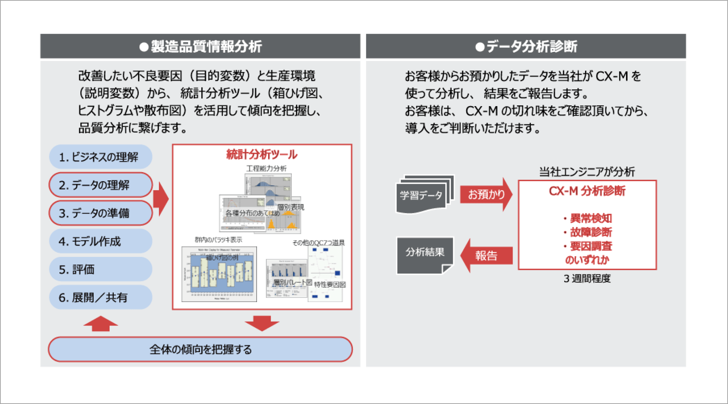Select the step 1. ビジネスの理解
point(100,157)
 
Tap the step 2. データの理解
point(100,185)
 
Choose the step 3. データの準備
point(100,213)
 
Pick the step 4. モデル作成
point(100,241)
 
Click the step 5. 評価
point(100,269)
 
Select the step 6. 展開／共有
point(100,298)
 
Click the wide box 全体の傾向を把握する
point(200,349)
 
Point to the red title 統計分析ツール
point(262,154)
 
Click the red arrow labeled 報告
point(486,256)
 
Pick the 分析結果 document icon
point(425,253)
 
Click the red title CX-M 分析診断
point(587,191)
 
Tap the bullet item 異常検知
point(591,218)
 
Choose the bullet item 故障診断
point(591,232)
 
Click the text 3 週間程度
point(587,279)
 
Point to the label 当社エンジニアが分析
point(587,172)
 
